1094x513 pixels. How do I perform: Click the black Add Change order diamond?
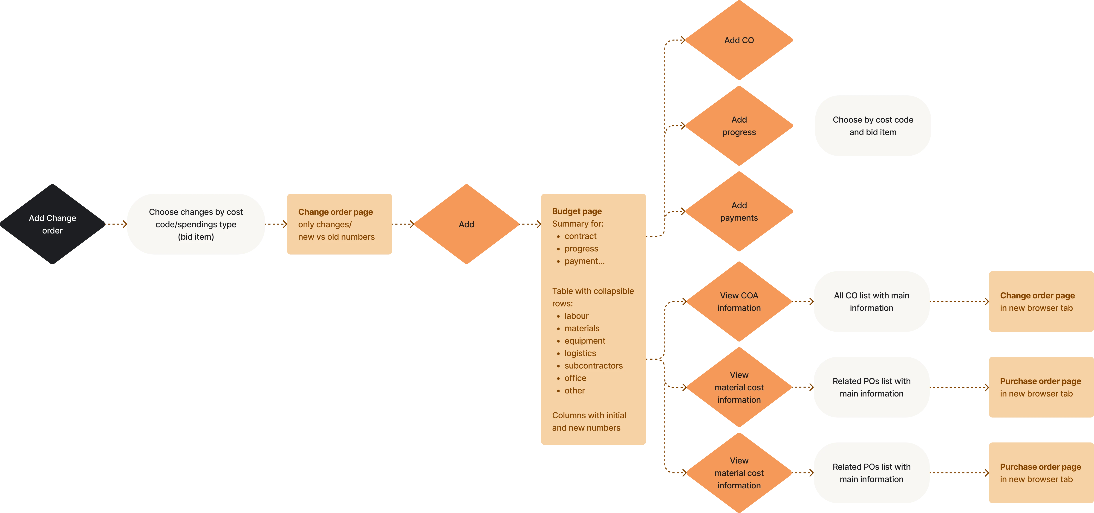[x=52, y=224]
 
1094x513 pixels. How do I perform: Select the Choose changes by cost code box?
[x=196, y=224]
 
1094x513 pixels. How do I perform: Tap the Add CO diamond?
[x=739, y=40]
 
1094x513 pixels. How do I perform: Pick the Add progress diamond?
[x=739, y=126]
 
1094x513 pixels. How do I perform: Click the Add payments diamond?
[x=739, y=211]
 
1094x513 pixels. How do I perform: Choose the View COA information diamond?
[x=739, y=301]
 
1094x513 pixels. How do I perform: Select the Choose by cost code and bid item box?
[x=873, y=126]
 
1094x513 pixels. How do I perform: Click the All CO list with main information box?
[x=872, y=301]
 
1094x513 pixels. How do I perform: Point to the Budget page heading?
[x=577, y=211]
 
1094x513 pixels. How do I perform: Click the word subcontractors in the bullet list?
[x=593, y=365]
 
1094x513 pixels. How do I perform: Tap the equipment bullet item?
[x=585, y=341]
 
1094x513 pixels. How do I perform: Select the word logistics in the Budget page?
[x=580, y=353]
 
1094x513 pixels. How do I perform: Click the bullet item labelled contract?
[x=580, y=236]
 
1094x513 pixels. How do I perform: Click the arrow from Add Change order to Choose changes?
[x=115, y=224]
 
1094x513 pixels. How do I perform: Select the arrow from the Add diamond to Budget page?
[x=530, y=224]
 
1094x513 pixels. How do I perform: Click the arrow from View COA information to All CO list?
[x=803, y=301]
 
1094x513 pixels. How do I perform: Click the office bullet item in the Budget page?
[x=575, y=378]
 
